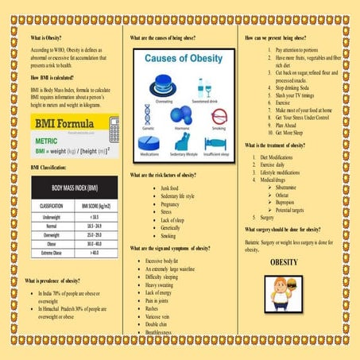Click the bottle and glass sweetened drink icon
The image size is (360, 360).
[x=203, y=87]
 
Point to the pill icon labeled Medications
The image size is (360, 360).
[x=149, y=145]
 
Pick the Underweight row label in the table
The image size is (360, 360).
[x=52, y=215]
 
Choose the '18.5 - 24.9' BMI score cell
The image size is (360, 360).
[x=95, y=225]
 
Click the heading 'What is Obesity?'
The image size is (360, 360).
[x=48, y=37]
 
